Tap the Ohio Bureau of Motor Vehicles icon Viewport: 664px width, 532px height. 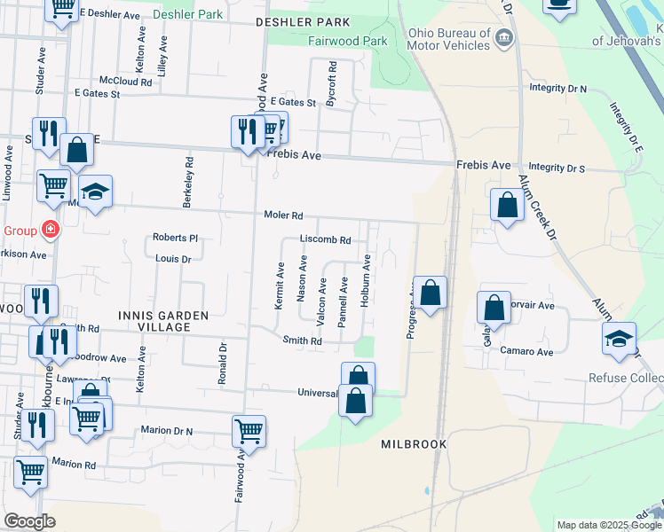pos(504,37)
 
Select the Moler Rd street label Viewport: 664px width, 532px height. pos(283,215)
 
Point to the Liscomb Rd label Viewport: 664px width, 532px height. pos(325,239)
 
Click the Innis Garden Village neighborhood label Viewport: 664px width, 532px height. pos(151,321)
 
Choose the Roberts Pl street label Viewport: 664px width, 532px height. pos(175,238)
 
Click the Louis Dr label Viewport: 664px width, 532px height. pos(173,259)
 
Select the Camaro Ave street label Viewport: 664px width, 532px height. pos(526,351)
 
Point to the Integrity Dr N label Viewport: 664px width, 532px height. pos(558,89)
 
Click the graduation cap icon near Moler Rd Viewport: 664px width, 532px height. pos(95,191)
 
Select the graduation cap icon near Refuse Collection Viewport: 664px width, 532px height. pos(619,338)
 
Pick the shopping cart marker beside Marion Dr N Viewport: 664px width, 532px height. pos(249,432)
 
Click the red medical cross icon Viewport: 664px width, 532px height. pos(50,230)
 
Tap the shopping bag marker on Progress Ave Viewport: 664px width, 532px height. pos(430,293)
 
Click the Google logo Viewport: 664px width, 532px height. pos(29,521)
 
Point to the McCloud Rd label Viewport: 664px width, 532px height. pos(125,81)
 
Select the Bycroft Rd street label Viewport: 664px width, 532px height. pos(331,84)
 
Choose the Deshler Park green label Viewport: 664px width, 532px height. pos(189,15)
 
